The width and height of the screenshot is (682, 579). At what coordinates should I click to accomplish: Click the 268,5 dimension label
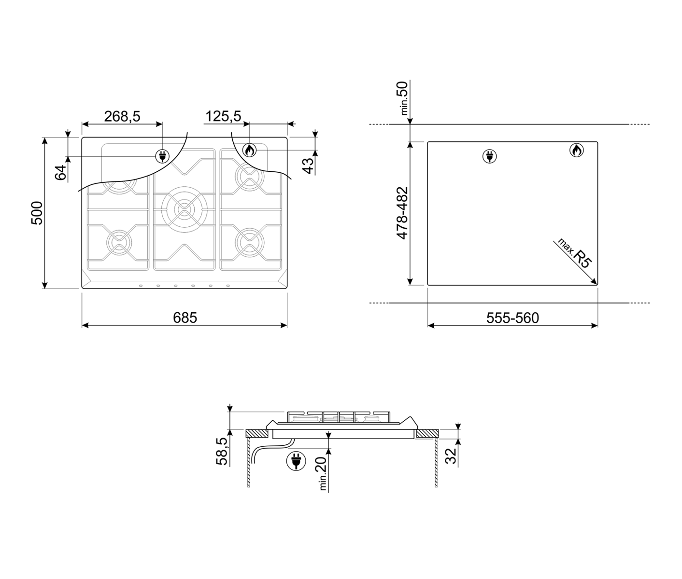[122, 117]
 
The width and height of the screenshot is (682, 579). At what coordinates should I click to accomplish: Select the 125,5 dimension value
[223, 117]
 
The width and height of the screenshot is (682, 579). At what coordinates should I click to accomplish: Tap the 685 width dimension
[185, 318]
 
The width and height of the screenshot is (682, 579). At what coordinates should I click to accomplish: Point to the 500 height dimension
[37, 213]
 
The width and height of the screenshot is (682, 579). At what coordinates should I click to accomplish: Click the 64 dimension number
[61, 172]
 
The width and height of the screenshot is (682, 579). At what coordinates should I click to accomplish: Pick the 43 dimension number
[308, 166]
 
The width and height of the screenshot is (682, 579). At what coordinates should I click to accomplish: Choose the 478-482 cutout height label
[402, 213]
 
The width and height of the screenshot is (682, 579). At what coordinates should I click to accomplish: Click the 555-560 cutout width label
[513, 318]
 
